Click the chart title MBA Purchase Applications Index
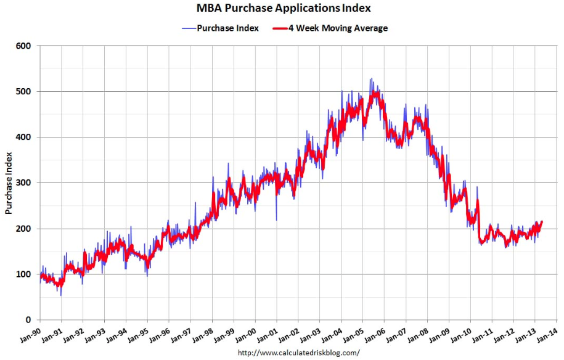(x=284, y=9)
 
